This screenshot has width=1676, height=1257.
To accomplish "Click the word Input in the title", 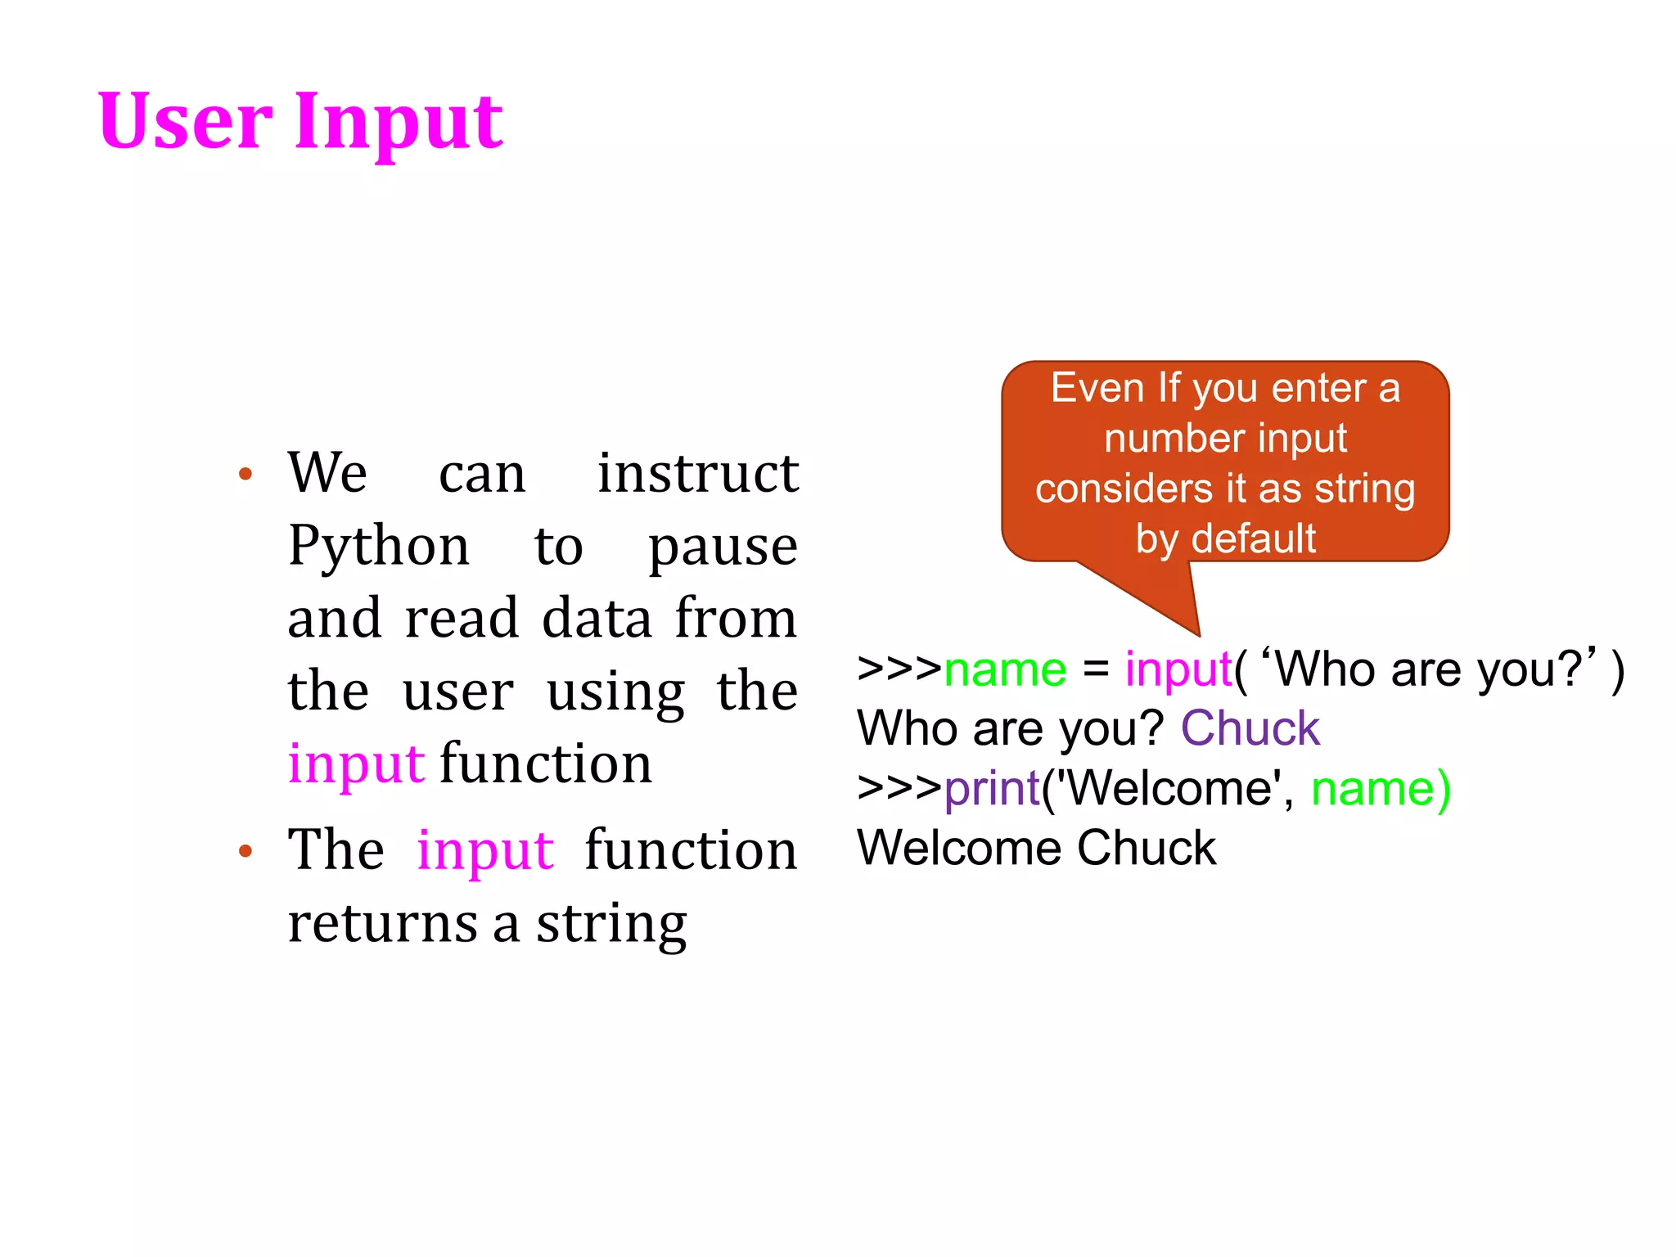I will coord(399,123).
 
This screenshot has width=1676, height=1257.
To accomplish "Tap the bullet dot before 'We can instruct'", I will coord(245,474).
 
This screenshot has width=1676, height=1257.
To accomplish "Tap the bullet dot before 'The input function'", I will coord(245,851).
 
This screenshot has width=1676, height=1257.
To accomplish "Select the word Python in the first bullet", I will coord(379,547).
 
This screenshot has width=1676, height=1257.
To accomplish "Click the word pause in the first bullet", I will coord(723,547).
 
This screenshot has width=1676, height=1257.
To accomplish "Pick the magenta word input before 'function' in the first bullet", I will coord(356,764).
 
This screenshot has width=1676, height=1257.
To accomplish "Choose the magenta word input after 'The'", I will coord(484,851).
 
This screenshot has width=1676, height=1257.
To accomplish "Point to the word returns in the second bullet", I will coord(382,923).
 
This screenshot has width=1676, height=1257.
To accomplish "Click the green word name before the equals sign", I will coord(1005,669).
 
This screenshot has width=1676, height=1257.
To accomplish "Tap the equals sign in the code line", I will coord(1096,669).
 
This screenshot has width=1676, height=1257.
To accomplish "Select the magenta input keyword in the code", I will coord(1178,671).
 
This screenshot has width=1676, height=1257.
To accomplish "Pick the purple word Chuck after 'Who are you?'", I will coord(1250,728).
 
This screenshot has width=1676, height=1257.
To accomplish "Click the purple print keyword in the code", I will coord(992,789).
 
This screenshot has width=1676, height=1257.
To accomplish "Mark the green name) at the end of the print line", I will coord(1381,789).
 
